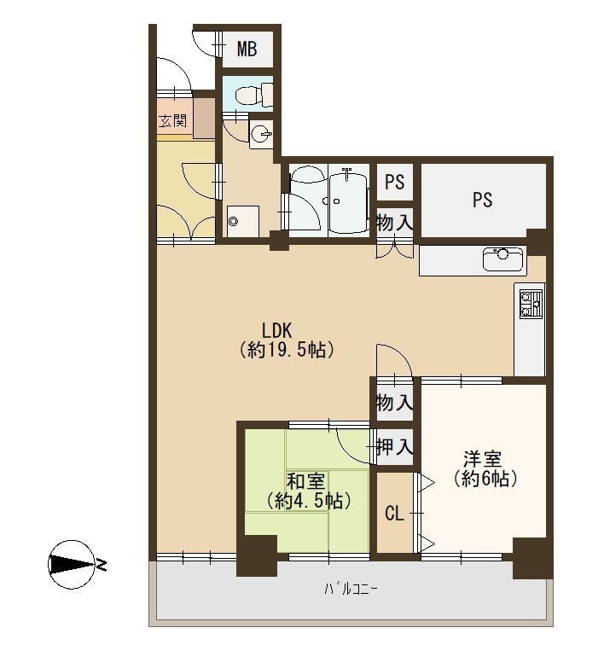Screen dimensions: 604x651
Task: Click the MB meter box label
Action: pyautogui.click(x=247, y=49)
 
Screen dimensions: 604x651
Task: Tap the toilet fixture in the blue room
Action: pyautogui.click(x=254, y=94)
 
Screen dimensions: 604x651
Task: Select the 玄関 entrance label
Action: pyautogui.click(x=173, y=121)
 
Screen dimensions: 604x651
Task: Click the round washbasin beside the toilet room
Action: pyautogui.click(x=262, y=134)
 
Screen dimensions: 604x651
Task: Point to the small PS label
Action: pyautogui.click(x=394, y=182)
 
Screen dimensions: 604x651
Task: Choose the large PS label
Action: pyautogui.click(x=482, y=200)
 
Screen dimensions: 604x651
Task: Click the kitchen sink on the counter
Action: pyautogui.click(x=502, y=259)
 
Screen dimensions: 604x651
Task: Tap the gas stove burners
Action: pyautogui.click(x=531, y=305)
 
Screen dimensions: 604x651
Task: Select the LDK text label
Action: pyautogui.click(x=277, y=331)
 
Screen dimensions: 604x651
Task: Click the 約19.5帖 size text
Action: pyautogui.click(x=287, y=350)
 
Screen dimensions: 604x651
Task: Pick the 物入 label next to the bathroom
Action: pyautogui.click(x=394, y=223)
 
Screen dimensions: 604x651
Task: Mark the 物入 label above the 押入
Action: pyautogui.click(x=394, y=403)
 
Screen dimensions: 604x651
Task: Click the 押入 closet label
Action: pyautogui.click(x=394, y=447)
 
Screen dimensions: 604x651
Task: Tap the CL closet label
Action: pyautogui.click(x=394, y=514)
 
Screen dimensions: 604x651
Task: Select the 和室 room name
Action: pyautogui.click(x=305, y=481)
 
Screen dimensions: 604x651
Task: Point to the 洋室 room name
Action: pyautogui.click(x=482, y=459)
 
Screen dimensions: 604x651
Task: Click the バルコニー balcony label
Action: pyautogui.click(x=351, y=589)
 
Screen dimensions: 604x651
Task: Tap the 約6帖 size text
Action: pyautogui.click(x=485, y=479)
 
